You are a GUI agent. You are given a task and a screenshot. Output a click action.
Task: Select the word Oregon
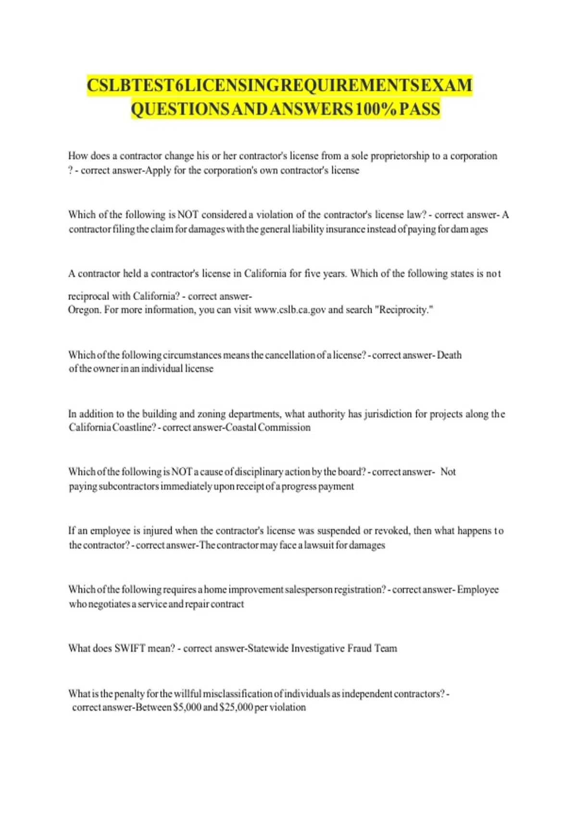[84, 310]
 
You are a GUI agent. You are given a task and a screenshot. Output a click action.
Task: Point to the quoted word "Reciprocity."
[404, 310]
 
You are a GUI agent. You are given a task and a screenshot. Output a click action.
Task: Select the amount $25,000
[236, 707]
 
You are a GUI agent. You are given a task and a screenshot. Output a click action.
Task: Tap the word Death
[449, 355]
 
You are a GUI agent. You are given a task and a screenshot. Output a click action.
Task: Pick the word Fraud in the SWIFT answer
[359, 649]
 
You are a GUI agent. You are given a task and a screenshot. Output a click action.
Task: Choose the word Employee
[477, 589]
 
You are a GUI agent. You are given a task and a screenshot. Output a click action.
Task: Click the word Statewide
[267, 649]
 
